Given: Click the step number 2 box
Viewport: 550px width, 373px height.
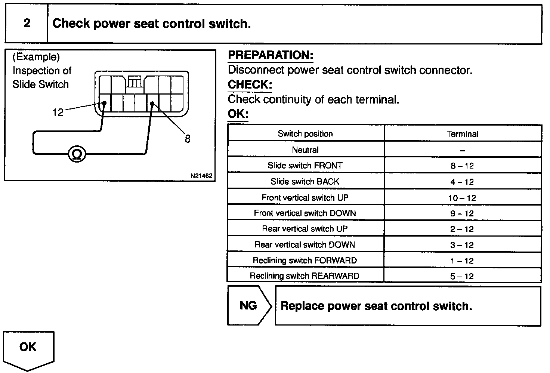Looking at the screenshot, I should coord(27,24).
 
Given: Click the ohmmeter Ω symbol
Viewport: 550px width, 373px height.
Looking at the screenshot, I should coord(77,154).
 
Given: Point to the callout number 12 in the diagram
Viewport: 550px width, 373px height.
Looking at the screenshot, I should coord(58,112).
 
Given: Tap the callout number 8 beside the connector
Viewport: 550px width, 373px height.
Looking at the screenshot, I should coord(188,139).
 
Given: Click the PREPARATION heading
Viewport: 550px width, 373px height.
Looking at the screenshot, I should coord(271,55).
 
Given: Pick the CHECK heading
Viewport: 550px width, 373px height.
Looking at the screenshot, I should coord(250,84).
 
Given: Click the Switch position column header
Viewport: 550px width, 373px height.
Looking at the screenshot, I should coord(305,134).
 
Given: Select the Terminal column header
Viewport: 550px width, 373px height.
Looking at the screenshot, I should coord(462,134).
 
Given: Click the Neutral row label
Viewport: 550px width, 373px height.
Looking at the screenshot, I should coord(305,150).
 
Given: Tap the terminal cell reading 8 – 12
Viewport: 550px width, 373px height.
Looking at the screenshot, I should coord(462,166).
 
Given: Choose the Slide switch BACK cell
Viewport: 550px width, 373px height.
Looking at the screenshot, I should coord(305,182).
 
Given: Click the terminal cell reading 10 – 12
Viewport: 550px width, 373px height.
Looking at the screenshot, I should coord(462,198).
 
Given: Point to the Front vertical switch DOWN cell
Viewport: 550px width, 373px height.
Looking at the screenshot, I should coord(305,213).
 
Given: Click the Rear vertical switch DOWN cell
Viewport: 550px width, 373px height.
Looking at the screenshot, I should coord(305,245).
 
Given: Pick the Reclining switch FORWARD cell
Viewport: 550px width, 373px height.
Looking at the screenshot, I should coord(305,261).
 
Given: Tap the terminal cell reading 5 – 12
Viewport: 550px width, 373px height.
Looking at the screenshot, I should coord(462,277).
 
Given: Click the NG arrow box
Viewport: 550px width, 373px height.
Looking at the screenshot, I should coord(248,306).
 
